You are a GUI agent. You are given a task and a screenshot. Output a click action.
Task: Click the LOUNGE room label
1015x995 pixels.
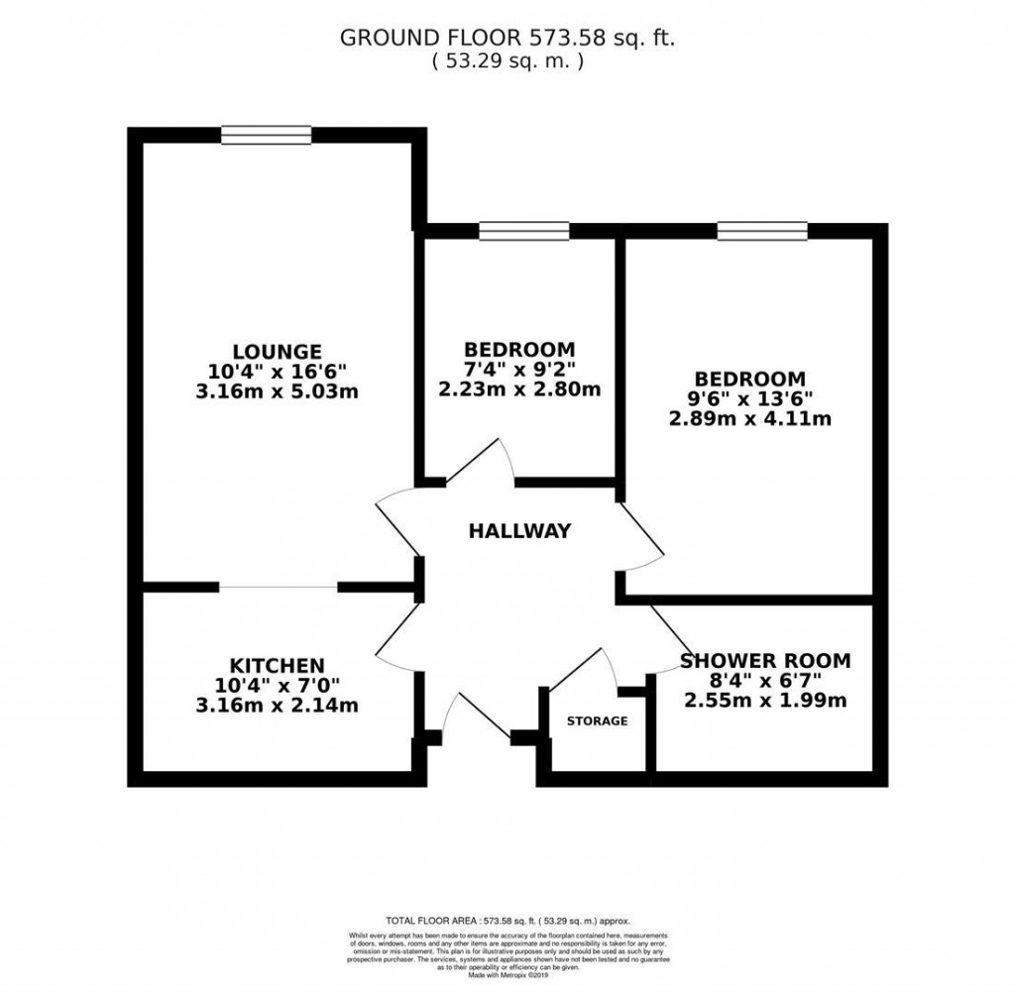(277, 351)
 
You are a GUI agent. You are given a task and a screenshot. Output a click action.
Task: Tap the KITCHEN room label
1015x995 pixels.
(277, 664)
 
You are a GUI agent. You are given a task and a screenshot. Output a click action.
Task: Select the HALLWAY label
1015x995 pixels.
(519, 531)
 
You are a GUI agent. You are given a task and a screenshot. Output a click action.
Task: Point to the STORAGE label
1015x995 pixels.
(597, 720)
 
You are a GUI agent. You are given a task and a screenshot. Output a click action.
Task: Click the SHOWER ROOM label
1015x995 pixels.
(765, 661)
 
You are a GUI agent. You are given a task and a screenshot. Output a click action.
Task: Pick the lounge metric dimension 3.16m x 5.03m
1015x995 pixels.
(277, 390)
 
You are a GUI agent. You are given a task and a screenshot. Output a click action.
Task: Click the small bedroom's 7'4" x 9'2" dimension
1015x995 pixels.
(519, 369)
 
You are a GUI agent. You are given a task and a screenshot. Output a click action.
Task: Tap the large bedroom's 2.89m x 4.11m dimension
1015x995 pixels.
(749, 418)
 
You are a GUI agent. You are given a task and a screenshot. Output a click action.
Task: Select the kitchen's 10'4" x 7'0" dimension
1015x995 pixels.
(277, 685)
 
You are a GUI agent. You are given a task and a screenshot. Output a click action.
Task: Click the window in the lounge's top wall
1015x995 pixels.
(266, 135)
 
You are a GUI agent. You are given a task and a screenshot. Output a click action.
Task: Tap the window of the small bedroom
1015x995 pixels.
(523, 231)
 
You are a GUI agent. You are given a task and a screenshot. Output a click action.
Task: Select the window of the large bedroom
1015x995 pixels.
(762, 231)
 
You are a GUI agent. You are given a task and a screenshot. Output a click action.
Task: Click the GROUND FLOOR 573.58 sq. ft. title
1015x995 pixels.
(507, 38)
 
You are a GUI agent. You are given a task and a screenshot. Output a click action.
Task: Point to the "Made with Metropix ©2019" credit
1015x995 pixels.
(507, 976)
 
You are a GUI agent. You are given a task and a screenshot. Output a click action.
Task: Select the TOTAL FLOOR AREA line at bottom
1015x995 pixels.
(507, 921)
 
